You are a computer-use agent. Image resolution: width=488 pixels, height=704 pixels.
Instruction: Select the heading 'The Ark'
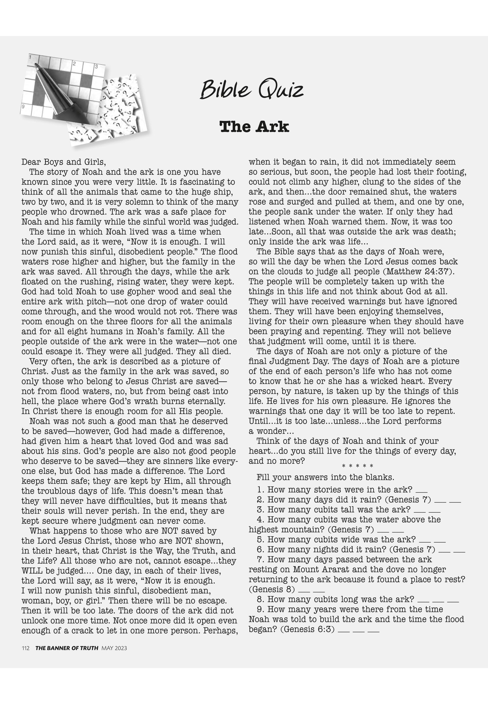[254, 127]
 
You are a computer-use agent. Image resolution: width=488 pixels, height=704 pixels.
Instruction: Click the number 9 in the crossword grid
[23, 106]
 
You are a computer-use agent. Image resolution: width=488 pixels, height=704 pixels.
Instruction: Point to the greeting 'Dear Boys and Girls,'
[63, 162]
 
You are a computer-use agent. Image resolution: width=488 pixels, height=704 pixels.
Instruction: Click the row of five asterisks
[357, 466]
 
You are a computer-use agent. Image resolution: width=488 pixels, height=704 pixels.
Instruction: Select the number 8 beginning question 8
[260, 599]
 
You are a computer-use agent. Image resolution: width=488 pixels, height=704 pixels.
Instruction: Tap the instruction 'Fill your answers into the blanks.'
[325, 477]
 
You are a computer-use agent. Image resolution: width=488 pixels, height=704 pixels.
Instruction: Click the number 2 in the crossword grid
[74, 64]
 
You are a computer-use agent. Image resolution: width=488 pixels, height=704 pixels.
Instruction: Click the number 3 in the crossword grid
[97, 66]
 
